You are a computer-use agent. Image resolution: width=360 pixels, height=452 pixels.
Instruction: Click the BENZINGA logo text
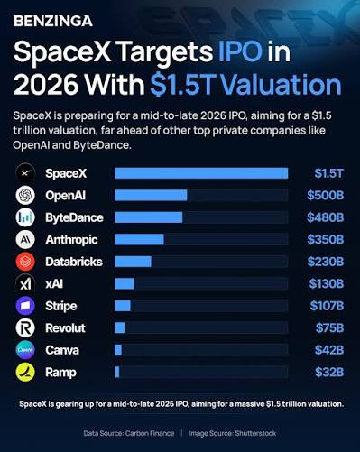[53, 21]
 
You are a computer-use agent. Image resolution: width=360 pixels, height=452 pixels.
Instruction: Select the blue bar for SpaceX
[201, 173]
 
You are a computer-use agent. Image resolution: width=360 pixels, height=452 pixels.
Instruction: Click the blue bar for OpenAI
[151, 196]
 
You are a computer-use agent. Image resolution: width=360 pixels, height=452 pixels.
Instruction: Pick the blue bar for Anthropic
[139, 240]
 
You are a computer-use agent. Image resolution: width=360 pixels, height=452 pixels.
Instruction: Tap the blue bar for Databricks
[133, 262]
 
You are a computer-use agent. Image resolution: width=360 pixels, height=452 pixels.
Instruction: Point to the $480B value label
[325, 217]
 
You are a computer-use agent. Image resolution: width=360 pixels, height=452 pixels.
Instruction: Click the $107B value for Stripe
[327, 306]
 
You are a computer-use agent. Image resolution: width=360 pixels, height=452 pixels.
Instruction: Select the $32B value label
[329, 373]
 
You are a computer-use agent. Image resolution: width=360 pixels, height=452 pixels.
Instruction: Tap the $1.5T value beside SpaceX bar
[328, 173]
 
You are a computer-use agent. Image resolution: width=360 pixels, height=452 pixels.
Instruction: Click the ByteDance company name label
[74, 217]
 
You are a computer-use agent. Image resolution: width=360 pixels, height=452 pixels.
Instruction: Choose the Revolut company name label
[65, 327]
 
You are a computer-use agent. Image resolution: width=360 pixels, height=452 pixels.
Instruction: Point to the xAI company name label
[54, 284]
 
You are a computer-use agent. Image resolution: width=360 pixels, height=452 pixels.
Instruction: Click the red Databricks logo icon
[25, 262]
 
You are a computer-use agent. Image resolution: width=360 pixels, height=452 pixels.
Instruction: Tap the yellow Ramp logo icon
[25, 373]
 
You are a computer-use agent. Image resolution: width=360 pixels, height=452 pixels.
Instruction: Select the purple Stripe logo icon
[25, 306]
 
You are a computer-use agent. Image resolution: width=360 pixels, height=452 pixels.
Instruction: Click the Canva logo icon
[25, 350]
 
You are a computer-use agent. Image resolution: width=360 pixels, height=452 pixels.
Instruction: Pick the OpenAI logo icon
[25, 196]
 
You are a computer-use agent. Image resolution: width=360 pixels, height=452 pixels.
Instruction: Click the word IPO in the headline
[240, 51]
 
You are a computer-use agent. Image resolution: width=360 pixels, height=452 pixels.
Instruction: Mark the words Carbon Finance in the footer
[150, 433]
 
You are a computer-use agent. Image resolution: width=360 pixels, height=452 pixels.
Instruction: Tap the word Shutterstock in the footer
[255, 433]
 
